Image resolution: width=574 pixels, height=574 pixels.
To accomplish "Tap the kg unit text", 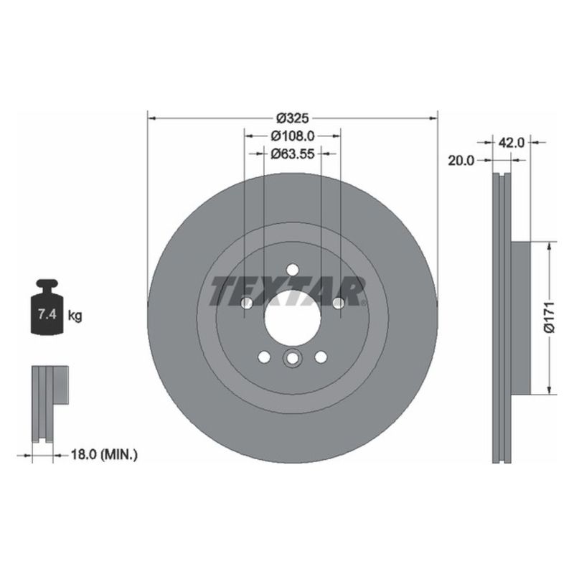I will tap(74, 314).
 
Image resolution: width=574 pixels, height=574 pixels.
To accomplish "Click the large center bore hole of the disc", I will tap(292, 319).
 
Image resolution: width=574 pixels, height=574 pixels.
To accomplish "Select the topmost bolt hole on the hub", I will tap(292, 269).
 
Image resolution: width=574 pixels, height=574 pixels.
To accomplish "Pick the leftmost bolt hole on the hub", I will tap(246, 303).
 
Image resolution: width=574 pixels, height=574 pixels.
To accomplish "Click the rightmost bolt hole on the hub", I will tap(338, 303).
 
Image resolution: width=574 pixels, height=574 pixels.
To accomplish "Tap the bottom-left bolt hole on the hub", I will tap(263, 357).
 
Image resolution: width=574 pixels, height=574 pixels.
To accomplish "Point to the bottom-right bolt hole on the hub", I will tap(321, 357).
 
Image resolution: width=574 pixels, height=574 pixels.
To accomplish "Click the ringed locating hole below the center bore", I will tap(292, 359).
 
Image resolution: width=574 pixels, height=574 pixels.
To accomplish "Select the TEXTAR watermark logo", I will tap(289, 291).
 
